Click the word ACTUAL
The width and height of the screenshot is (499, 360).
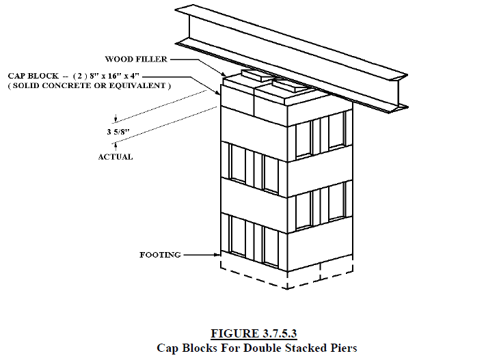116,156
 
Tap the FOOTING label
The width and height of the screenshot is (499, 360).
160,255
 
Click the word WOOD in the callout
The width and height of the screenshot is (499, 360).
120,59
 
